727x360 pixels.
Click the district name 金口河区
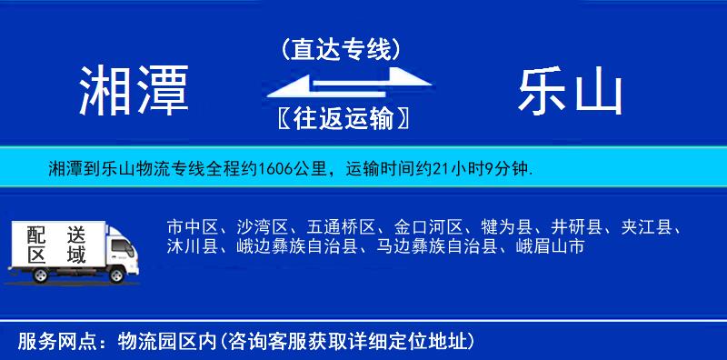[429, 226]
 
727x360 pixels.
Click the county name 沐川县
[192, 245]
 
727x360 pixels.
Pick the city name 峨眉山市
[550, 245]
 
